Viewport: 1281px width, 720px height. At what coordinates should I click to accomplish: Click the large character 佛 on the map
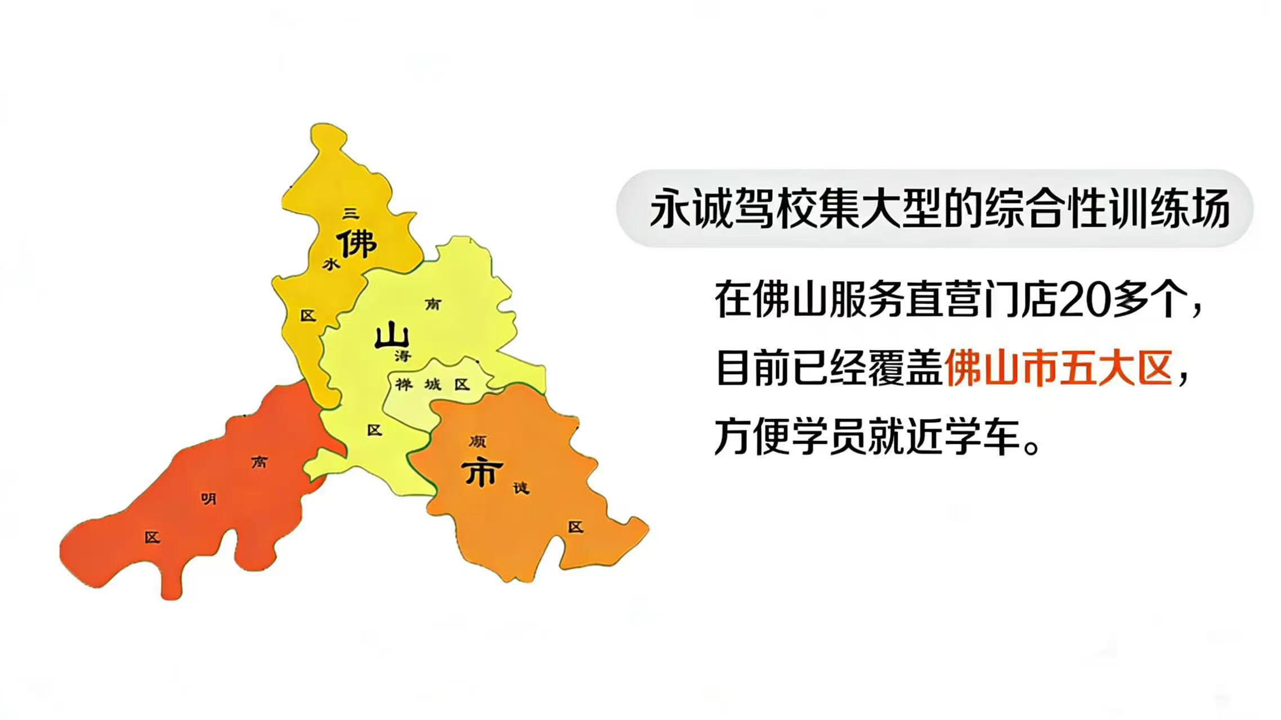[x=357, y=243]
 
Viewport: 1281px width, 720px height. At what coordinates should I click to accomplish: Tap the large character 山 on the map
[x=392, y=336]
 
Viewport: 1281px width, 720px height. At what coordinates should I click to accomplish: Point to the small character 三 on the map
[x=351, y=213]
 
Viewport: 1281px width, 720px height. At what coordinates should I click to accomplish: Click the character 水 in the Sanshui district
[x=331, y=263]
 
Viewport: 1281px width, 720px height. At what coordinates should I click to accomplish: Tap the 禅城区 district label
[x=432, y=385]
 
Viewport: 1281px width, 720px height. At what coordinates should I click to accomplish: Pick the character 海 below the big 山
[x=403, y=355]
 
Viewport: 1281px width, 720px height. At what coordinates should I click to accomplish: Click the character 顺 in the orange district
[x=478, y=442]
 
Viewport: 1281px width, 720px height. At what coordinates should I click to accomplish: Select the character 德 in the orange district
[x=521, y=488]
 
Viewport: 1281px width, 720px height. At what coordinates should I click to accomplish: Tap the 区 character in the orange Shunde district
[x=575, y=527]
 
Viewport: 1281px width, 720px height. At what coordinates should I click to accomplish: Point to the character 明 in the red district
[x=209, y=498]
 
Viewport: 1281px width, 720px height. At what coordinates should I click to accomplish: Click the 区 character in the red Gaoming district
[x=152, y=537]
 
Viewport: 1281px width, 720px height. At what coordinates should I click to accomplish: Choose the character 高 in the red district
[x=259, y=462]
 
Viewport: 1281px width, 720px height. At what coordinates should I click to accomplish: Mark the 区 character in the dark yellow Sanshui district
[x=308, y=316]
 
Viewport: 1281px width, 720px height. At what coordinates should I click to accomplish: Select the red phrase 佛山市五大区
[x=1059, y=368]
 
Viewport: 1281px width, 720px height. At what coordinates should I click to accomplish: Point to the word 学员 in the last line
[x=829, y=436]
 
